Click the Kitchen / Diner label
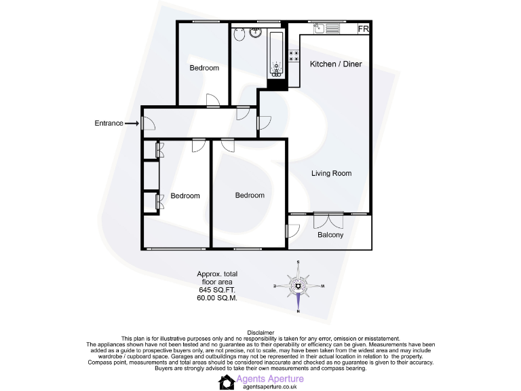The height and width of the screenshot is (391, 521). click(336, 64)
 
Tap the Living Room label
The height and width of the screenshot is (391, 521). click(331, 174)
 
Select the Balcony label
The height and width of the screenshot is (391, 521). click(330, 236)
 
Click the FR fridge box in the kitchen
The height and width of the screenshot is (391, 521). click(364, 29)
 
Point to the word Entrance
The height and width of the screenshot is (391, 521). click(109, 124)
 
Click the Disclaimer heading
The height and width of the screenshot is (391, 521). click(260, 333)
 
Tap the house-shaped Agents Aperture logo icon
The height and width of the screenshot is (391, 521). click(227, 381)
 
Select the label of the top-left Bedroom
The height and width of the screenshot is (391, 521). click(204, 68)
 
